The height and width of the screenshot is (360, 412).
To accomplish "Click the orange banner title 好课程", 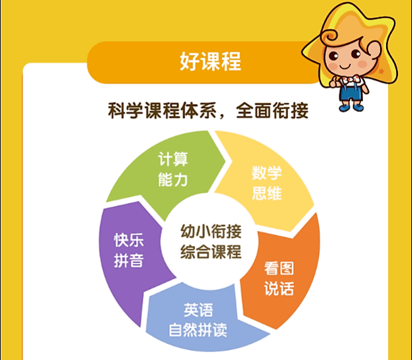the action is pyautogui.click(x=210, y=61).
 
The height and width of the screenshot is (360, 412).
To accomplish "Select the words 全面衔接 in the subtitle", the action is pyautogui.click(x=272, y=111).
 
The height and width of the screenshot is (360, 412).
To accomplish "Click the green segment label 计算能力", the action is pyautogui.click(x=173, y=169).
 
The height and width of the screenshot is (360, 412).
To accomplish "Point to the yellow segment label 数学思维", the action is pyautogui.click(x=267, y=183).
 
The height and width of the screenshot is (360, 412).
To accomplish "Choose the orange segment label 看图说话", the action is pyautogui.click(x=279, y=278).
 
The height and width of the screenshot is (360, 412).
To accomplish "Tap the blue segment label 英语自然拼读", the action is pyautogui.click(x=198, y=320).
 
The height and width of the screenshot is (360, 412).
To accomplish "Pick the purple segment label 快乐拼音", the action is pyautogui.click(x=129, y=251).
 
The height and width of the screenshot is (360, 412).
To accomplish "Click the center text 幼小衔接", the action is pyautogui.click(x=211, y=231).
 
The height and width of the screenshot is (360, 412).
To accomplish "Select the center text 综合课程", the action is pyautogui.click(x=211, y=251).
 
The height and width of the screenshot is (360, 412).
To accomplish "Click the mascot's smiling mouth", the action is pyautogui.click(x=345, y=67).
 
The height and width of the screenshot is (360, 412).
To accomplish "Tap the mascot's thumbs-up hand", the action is pyautogui.click(x=334, y=82).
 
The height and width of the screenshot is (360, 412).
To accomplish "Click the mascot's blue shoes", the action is pyautogui.click(x=351, y=107).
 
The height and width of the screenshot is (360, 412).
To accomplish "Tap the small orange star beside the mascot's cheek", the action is pyautogui.click(x=381, y=71).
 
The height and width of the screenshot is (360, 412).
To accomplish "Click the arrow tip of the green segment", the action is pyautogui.click(x=225, y=160).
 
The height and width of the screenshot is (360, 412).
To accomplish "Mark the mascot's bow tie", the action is pyautogui.click(x=349, y=78).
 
